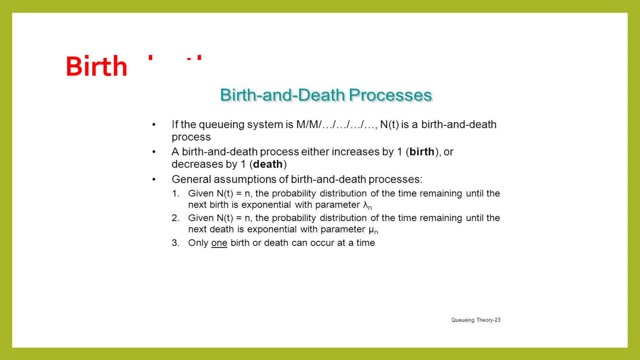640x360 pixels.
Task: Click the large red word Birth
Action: [96, 66]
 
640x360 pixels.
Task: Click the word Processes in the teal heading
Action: [390, 95]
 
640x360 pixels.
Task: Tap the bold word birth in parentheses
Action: [422, 152]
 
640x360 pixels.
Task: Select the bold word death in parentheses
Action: [268, 164]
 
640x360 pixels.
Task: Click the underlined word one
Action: [219, 243]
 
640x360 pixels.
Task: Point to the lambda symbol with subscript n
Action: [367, 205]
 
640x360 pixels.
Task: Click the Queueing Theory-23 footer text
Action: [476, 320]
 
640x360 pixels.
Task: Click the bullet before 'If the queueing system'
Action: [154, 125]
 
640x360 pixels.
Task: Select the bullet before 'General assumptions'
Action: [154, 179]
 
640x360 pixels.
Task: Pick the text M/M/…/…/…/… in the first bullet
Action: [337, 124]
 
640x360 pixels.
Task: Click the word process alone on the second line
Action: [191, 137]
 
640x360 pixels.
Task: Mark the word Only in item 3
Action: [198, 243]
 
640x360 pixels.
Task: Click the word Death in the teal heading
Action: [321, 95]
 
